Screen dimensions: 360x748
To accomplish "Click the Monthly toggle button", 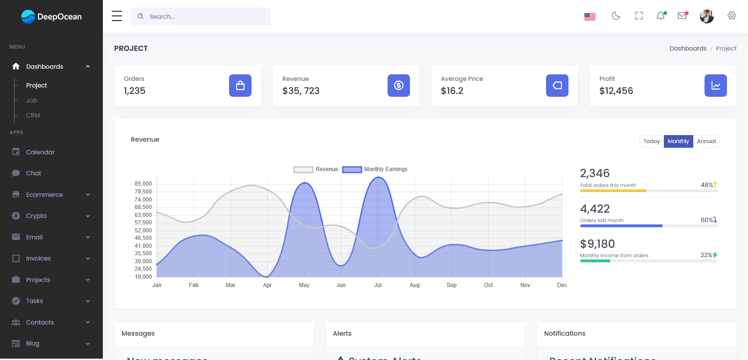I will [x=678, y=141].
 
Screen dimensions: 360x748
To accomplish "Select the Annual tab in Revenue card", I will [x=706, y=141].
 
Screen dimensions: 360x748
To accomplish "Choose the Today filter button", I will [x=651, y=141].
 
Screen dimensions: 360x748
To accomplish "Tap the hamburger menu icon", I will [x=117, y=16].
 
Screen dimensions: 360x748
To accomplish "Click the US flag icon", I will [x=590, y=17].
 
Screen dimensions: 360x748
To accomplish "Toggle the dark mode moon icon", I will [x=616, y=16].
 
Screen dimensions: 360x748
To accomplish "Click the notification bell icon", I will [x=661, y=16].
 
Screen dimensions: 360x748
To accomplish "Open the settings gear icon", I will [x=732, y=16].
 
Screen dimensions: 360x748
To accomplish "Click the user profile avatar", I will [x=706, y=16].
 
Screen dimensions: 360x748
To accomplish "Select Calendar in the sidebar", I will [x=40, y=152].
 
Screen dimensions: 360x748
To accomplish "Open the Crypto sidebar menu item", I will [x=36, y=216].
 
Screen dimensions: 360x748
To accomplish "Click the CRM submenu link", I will [x=33, y=115].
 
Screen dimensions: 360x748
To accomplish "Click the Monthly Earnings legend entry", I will [x=375, y=169].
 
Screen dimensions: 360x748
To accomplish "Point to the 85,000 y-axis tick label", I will [x=143, y=184].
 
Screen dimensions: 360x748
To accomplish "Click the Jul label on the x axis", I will [x=378, y=285].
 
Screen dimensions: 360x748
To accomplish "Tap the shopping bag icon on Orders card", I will [x=240, y=86].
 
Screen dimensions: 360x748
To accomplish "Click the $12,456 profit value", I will [x=616, y=91].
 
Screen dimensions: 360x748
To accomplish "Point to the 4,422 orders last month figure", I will [x=595, y=209].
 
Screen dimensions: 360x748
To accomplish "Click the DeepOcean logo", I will [x=51, y=17].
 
